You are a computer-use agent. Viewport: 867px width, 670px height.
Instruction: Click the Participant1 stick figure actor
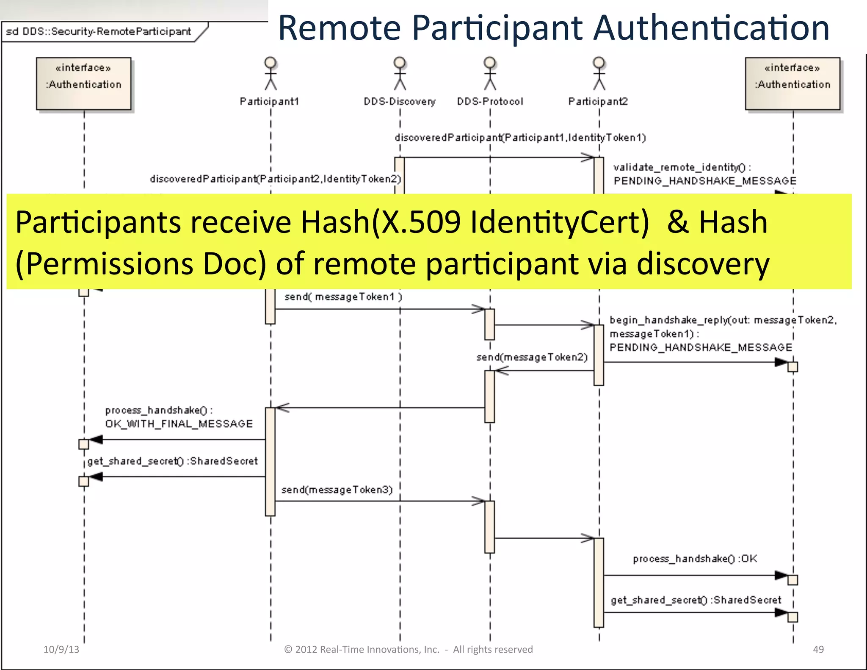(x=271, y=74)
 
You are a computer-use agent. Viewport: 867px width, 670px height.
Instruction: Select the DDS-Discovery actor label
(x=399, y=102)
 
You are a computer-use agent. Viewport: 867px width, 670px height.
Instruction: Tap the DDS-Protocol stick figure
(x=490, y=74)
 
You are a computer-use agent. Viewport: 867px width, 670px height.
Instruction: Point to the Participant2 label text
(x=598, y=102)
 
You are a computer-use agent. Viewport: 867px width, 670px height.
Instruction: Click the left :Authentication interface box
(x=84, y=84)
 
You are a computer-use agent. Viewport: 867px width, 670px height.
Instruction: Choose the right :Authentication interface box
(x=792, y=84)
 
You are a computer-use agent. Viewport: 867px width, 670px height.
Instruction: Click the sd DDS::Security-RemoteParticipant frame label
(x=98, y=32)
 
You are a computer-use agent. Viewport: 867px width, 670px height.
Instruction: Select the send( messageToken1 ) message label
(x=343, y=297)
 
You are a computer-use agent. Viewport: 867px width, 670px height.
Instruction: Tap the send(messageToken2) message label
(x=532, y=357)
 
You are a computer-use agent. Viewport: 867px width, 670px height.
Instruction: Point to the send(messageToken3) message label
(x=337, y=490)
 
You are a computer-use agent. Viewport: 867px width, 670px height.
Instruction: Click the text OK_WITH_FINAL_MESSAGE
(x=179, y=424)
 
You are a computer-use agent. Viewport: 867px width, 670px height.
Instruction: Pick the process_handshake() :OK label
(x=695, y=559)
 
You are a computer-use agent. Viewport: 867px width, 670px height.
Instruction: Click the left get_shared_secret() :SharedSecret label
(x=172, y=461)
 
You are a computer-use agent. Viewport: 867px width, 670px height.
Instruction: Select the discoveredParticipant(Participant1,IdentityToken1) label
(x=520, y=138)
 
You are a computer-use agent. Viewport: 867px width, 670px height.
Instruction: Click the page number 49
(x=818, y=649)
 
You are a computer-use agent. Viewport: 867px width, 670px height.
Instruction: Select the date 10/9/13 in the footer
(x=61, y=649)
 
